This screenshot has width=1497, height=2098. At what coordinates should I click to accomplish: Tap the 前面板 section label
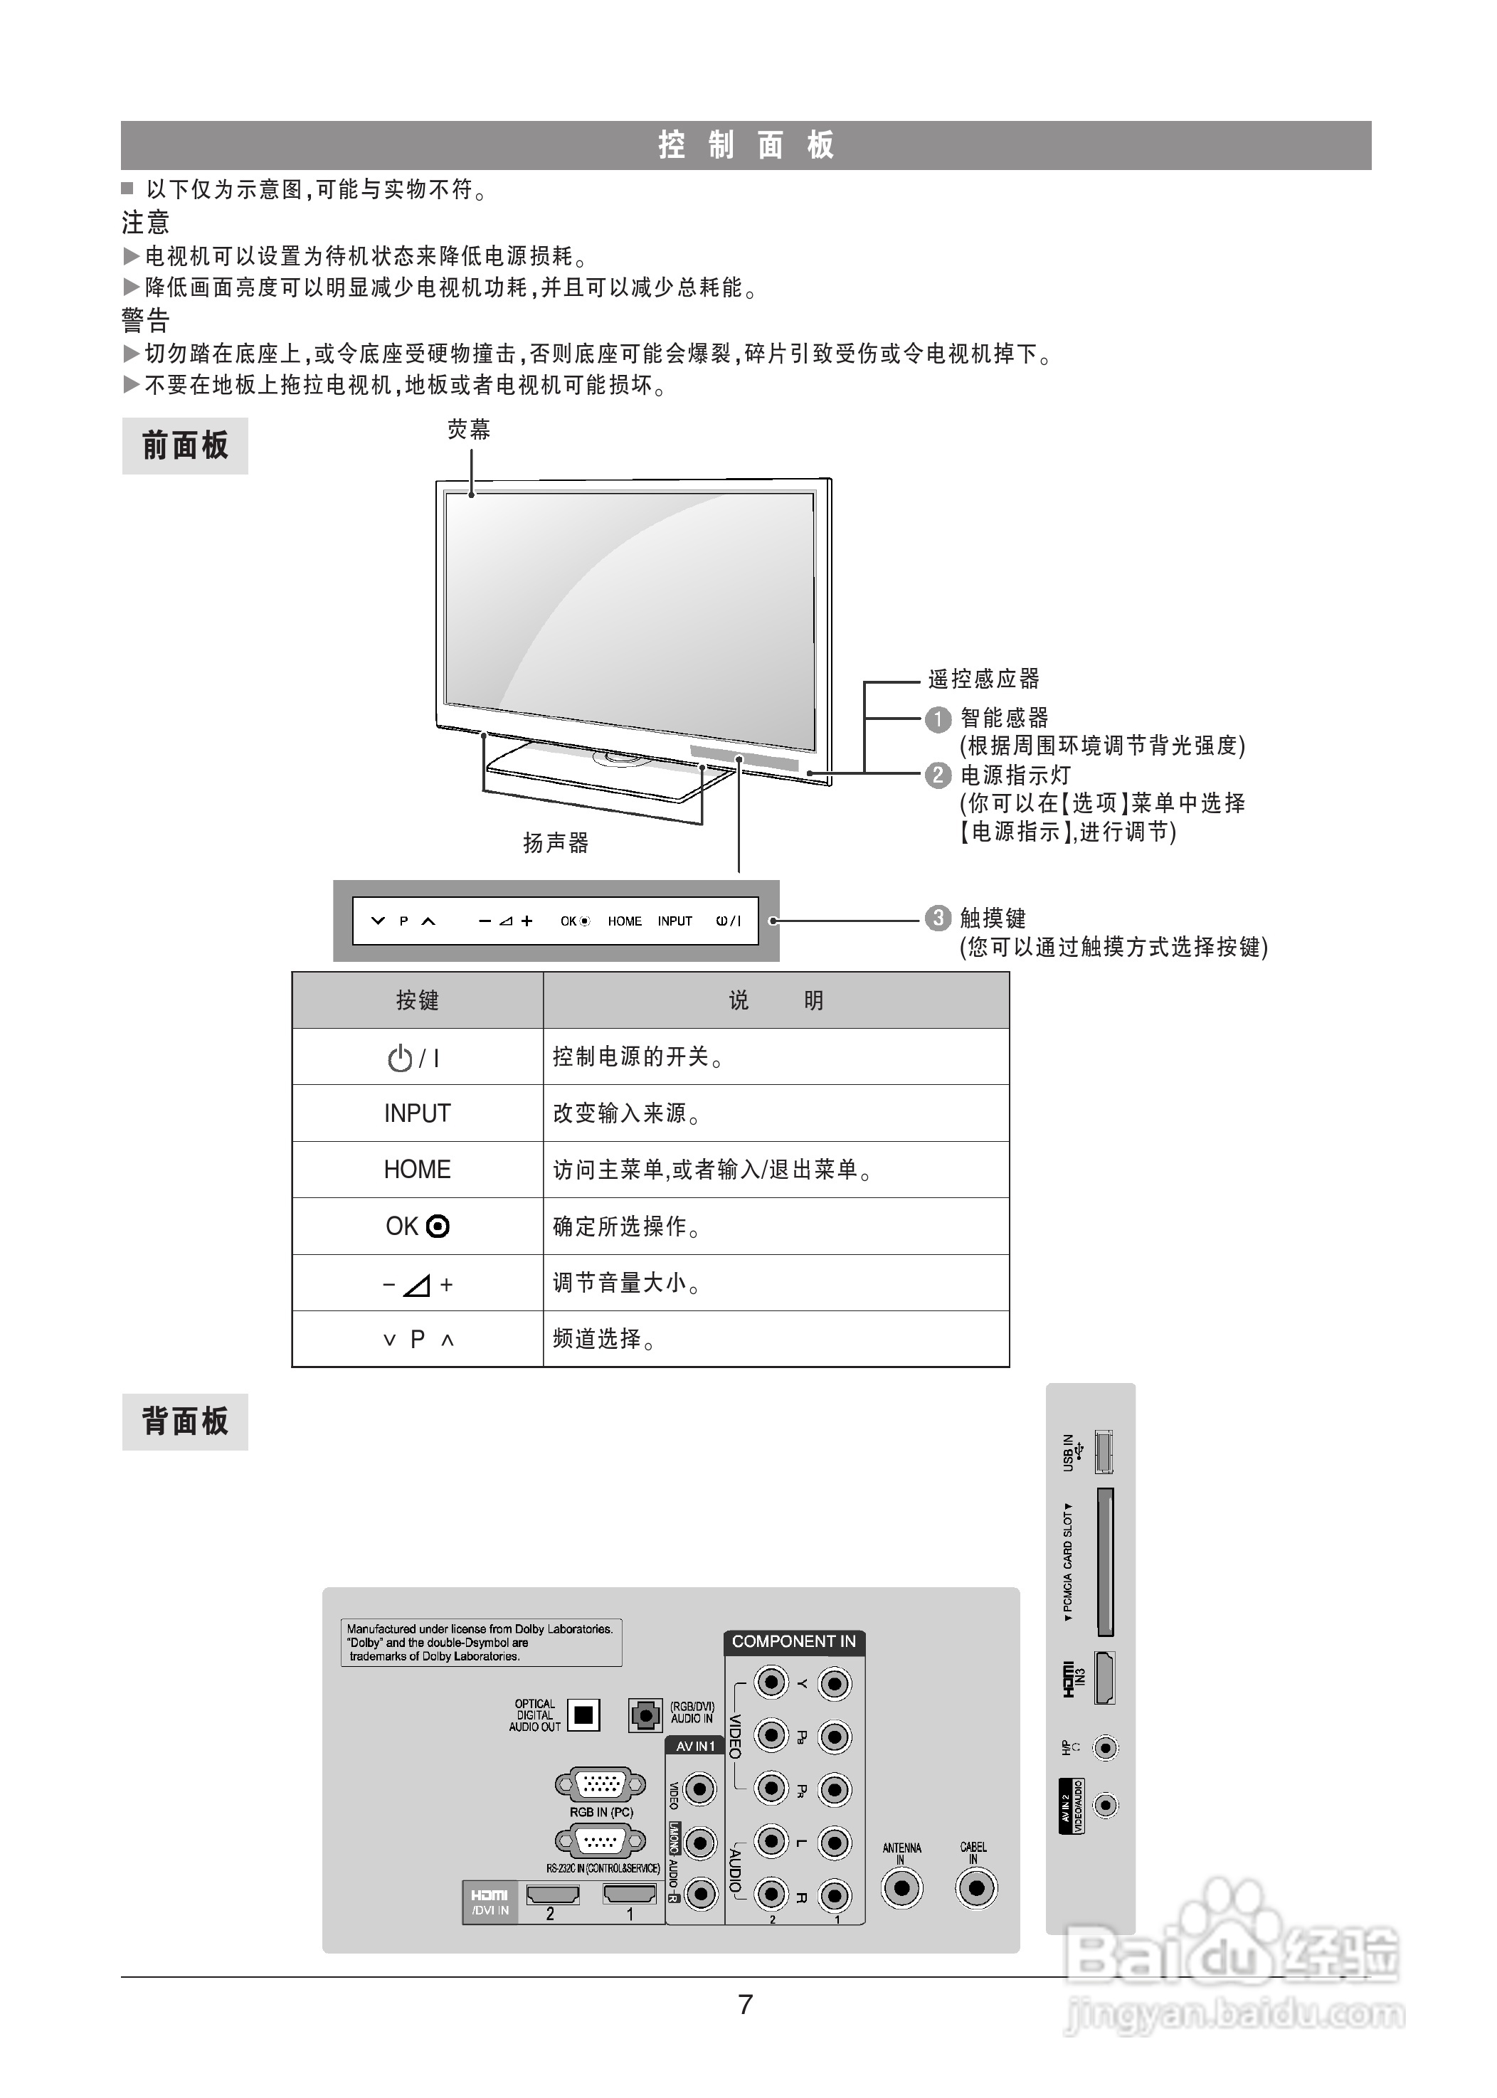pos(184,446)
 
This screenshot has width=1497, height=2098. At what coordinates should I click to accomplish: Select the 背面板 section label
pos(184,1421)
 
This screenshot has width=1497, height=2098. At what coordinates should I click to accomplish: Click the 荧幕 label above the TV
pos(468,430)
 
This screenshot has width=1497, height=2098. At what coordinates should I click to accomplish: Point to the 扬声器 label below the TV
pos(555,842)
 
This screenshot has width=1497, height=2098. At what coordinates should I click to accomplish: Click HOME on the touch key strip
pos(624,921)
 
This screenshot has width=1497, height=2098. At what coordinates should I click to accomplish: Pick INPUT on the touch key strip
pos(675,921)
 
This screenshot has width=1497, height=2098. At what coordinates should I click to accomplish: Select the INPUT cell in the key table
pos(417,1113)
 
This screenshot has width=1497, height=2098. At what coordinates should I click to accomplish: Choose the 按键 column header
pos(417,1001)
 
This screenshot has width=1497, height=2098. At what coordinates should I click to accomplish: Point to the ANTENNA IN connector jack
pos(901,1889)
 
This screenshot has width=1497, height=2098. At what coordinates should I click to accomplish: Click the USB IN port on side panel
pos(1104,1453)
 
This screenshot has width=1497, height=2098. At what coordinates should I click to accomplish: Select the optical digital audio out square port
pos(583,1715)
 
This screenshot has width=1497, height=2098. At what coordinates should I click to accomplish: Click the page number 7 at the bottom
pos(746,2005)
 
